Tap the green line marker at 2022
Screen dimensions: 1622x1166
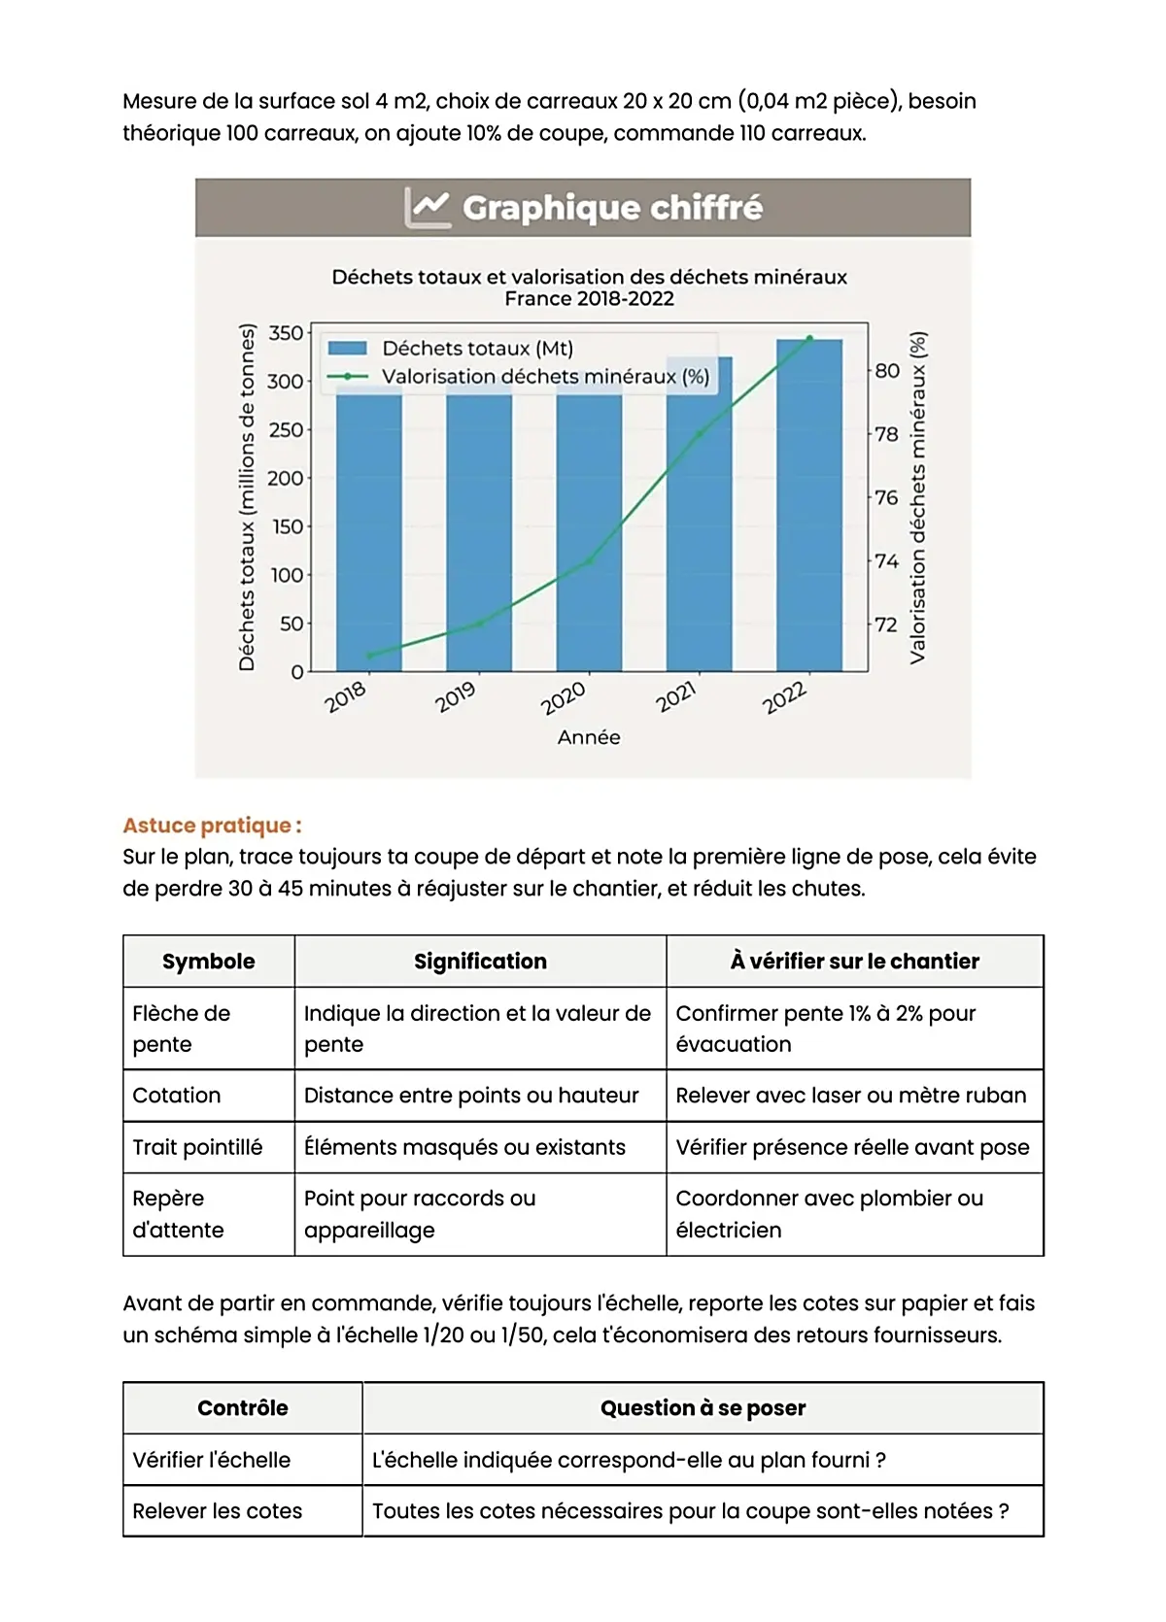(809, 339)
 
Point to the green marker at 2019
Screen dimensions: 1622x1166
(479, 624)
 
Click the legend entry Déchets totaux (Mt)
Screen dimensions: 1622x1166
(476, 349)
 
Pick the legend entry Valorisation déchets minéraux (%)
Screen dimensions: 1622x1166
(544, 377)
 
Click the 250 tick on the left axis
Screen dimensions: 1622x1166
(286, 429)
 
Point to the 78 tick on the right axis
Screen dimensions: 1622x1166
(886, 434)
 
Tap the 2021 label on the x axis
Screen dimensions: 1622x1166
(676, 696)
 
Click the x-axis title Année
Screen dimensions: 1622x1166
(589, 737)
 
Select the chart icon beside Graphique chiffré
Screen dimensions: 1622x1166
(428, 207)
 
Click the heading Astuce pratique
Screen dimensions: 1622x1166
(212, 826)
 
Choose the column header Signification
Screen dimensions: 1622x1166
(480, 962)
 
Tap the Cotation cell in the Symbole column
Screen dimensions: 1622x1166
(177, 1096)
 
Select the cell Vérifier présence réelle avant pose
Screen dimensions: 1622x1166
(852, 1147)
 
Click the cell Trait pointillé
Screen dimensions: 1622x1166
(197, 1147)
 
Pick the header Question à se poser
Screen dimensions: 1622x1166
(703, 1408)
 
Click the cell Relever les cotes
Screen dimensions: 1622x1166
(218, 1511)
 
